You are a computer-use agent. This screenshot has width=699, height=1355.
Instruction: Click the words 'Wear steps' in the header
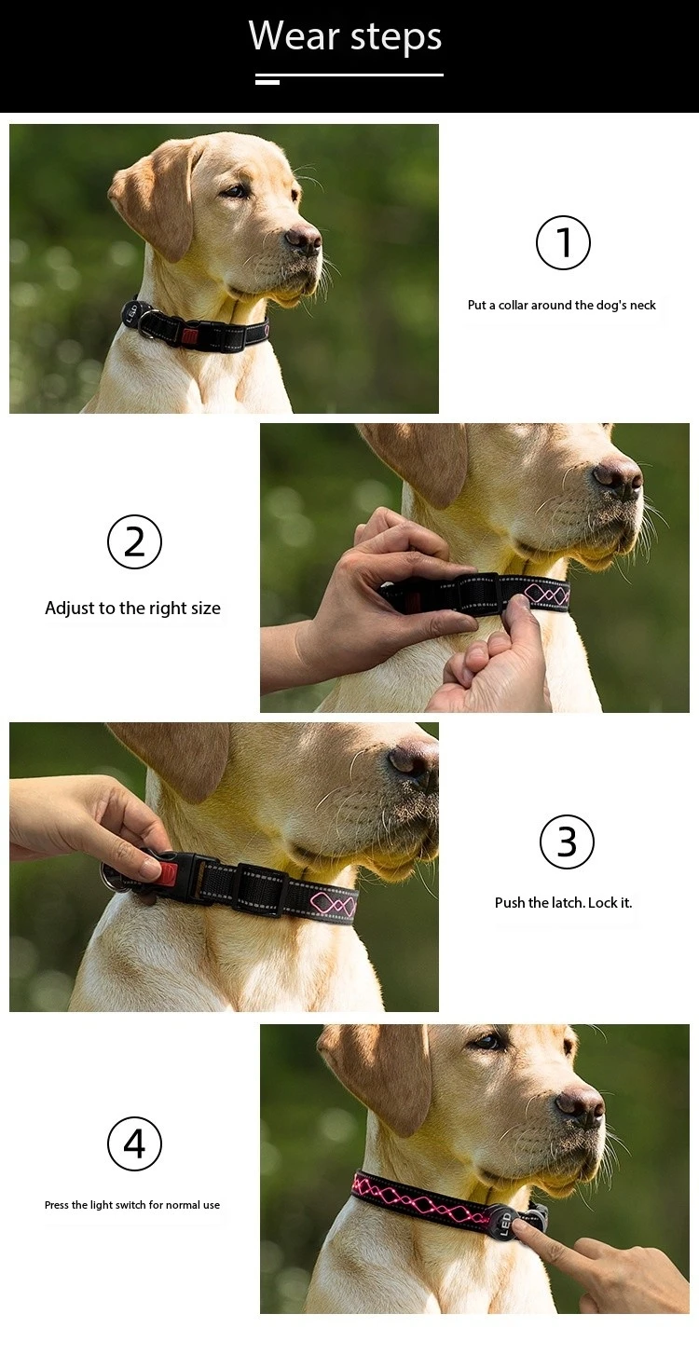point(345,36)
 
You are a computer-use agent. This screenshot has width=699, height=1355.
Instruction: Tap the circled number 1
point(563,242)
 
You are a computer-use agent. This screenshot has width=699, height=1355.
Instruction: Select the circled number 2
point(134,541)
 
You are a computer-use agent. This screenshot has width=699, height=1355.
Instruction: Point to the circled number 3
point(567,842)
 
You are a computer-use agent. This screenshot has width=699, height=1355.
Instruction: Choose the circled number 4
point(134,1143)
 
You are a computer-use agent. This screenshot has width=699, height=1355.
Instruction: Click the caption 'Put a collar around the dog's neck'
point(562,305)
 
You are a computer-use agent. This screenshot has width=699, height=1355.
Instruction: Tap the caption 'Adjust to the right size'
point(132,608)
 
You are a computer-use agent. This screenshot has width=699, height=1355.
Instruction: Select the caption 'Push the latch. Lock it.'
point(564,902)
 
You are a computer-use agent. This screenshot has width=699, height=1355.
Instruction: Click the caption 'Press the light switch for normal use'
point(132,1205)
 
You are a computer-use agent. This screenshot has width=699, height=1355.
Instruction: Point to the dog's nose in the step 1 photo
point(304,238)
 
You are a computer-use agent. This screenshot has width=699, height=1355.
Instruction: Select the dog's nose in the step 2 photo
point(617,475)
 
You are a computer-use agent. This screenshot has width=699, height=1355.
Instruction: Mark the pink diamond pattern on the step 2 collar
point(546,595)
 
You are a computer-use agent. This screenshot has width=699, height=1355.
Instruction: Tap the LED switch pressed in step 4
point(506,1222)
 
